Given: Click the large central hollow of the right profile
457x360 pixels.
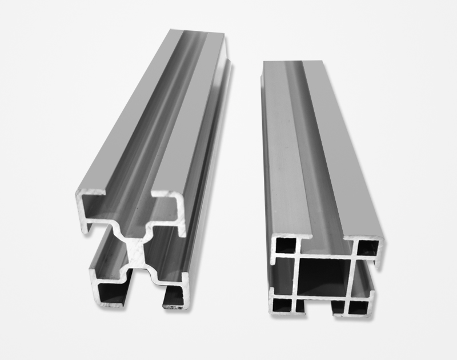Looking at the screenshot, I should (323, 277).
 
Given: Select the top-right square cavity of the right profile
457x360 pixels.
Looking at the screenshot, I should (366, 247).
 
